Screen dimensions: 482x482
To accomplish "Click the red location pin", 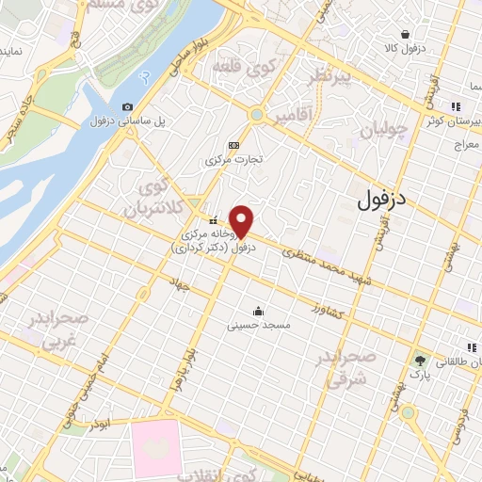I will point(242,220).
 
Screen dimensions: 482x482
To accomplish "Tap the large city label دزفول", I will point(383,201).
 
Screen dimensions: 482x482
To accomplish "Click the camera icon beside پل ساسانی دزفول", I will point(128,107).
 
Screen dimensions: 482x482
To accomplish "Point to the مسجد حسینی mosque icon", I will point(258,312).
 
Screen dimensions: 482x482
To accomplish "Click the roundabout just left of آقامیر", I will point(256,115).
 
